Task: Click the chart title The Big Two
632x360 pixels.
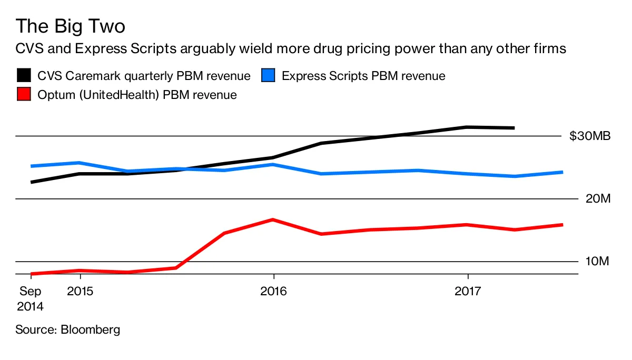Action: (70, 26)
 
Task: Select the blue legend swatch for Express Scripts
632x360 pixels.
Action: (269, 76)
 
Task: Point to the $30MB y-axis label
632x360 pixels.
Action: (590, 136)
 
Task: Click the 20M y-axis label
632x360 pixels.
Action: (597, 199)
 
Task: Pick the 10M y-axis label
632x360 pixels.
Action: (597, 262)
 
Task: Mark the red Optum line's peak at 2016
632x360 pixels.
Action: (273, 219)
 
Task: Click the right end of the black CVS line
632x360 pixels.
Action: (513, 128)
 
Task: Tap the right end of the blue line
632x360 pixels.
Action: (562, 172)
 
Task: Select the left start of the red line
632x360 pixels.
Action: (32, 274)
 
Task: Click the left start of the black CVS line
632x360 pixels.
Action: (32, 182)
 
